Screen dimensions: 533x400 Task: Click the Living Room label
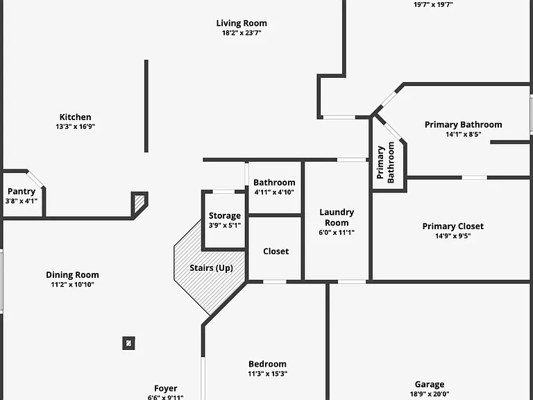[x=242, y=23]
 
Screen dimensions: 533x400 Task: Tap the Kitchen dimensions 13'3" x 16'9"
[x=75, y=126]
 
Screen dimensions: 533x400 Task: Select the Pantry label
[x=22, y=192]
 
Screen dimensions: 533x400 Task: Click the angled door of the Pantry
[x=35, y=179]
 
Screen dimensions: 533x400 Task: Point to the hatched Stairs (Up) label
[x=211, y=268]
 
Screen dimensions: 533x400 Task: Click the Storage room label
[x=225, y=216]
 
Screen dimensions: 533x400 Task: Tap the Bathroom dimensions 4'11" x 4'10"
[x=274, y=192]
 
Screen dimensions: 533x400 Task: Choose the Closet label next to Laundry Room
[x=276, y=251]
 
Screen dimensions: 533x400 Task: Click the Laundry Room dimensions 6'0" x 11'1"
[x=337, y=233]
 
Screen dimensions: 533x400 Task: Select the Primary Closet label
[x=452, y=226]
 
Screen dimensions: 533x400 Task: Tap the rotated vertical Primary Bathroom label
[x=385, y=162]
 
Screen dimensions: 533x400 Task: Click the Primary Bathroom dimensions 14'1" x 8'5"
[x=464, y=134]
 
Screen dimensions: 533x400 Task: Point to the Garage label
[x=430, y=384]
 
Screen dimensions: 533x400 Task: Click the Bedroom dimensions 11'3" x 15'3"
[x=267, y=374]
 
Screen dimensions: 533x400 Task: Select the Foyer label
[x=166, y=388]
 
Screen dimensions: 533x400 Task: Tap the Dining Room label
[x=72, y=275]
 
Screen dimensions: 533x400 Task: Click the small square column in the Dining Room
[x=128, y=343]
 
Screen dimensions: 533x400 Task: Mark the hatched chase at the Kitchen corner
[x=139, y=203]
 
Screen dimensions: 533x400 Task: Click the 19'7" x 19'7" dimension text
[x=433, y=5]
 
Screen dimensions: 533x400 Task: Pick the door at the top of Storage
[x=223, y=192]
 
